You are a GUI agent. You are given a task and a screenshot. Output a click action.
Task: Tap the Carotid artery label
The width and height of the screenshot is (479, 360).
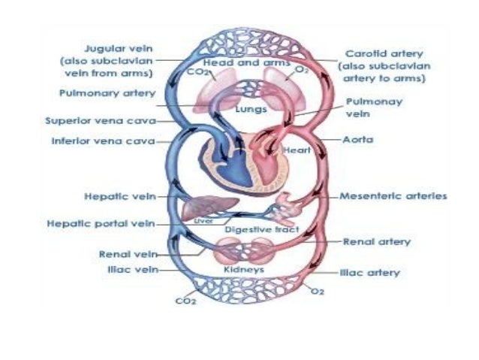pos(385,54)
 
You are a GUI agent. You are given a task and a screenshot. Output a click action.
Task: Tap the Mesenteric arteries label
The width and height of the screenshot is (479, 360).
pos(393,196)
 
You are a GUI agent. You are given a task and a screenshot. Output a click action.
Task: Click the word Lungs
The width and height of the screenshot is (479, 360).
pos(234,109)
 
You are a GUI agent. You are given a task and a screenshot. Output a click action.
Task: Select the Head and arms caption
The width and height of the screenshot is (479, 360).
pos(236,64)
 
